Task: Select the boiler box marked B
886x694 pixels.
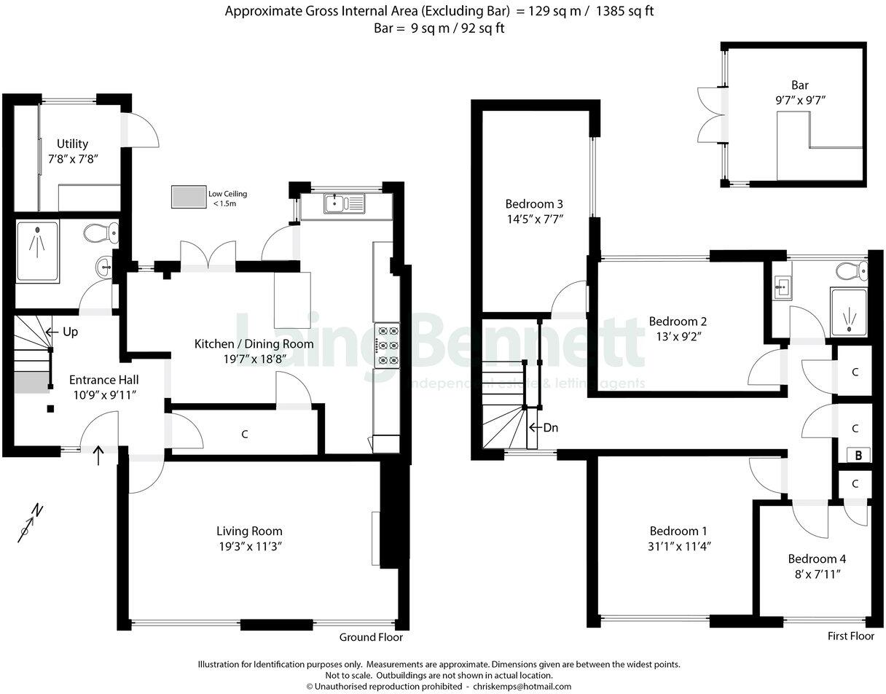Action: (x=858, y=455)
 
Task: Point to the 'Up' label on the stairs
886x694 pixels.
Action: (x=70, y=332)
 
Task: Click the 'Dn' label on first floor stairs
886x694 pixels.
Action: (x=550, y=427)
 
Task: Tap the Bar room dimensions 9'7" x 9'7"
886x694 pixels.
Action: (x=799, y=99)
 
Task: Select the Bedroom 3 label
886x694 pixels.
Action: (x=535, y=204)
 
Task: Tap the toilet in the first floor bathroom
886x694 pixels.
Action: (x=850, y=271)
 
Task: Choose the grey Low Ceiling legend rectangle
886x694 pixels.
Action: (x=189, y=197)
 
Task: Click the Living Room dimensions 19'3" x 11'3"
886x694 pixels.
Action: (x=249, y=546)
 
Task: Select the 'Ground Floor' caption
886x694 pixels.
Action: (x=371, y=637)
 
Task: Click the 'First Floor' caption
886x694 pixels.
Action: (x=850, y=636)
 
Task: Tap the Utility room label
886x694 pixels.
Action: (x=73, y=144)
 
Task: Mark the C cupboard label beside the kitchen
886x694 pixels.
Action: (x=245, y=434)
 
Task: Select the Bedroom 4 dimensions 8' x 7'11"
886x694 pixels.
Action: (x=817, y=574)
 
